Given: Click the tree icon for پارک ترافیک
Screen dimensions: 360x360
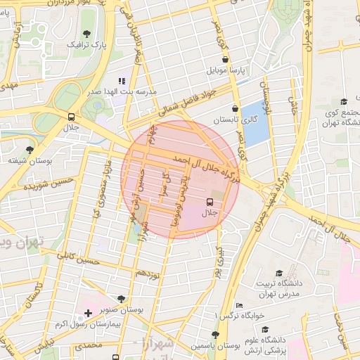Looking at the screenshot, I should coord(86,34).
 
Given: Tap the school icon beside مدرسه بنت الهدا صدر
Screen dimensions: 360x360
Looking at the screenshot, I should coord(121,81).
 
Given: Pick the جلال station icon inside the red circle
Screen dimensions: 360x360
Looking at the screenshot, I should coord(209,200).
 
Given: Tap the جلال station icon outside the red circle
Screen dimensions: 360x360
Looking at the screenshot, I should coord(72,117).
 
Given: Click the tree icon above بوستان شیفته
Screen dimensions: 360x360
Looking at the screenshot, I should coord(30,150).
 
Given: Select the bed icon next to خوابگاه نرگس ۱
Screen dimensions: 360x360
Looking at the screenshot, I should coord(240,305).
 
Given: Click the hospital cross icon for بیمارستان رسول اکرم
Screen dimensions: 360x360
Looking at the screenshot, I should coord(87,312).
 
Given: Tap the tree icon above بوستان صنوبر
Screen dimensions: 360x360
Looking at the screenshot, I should coord(122,299).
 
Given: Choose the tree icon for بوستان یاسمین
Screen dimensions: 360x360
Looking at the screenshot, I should coord(215,335).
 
